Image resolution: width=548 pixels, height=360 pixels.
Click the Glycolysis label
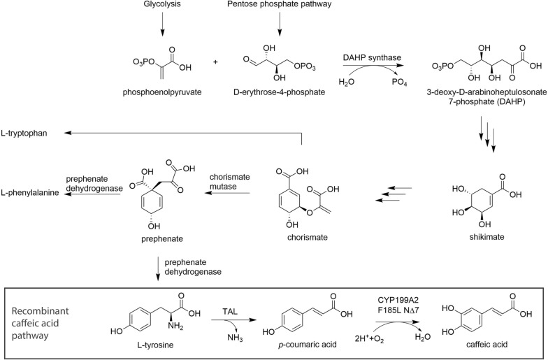point(162,4)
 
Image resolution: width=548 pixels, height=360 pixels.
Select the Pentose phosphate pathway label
point(280,4)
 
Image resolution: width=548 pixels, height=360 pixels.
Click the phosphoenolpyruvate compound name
point(162,92)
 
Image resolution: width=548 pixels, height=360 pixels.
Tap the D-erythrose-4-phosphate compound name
point(280,92)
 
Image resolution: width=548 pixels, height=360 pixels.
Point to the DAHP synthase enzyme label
point(372,57)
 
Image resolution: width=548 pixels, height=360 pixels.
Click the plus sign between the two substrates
point(215,62)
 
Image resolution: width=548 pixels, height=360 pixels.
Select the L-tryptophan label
point(24,133)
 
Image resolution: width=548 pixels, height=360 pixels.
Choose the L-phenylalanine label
point(29,193)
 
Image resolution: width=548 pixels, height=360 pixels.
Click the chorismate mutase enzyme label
point(229,182)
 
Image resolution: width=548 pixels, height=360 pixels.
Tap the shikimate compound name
point(486,237)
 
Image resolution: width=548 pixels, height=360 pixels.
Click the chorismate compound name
point(308,238)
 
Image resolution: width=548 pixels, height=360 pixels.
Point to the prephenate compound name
point(162,239)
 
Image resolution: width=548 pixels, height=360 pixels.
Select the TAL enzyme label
point(230,311)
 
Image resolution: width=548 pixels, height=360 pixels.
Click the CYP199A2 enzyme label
point(398,301)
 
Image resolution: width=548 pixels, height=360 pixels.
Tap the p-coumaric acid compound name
point(308,345)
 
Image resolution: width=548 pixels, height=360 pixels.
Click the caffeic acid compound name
point(486,345)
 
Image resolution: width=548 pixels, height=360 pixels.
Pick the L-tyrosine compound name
point(155,345)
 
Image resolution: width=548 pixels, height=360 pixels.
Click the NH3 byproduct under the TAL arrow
point(235,338)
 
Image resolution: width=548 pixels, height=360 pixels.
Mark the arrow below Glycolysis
point(162,24)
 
